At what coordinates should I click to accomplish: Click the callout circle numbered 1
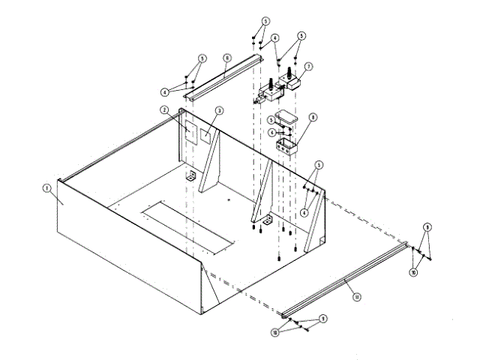click(x=46, y=188)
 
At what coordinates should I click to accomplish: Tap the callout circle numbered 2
click(x=163, y=110)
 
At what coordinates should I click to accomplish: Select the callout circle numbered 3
click(x=218, y=110)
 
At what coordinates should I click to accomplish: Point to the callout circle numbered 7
click(x=308, y=66)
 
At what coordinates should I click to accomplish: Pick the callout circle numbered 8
click(x=313, y=117)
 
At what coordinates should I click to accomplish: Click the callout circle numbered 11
click(x=357, y=296)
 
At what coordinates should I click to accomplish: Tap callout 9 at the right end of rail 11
click(x=427, y=226)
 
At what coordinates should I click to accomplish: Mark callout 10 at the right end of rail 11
click(x=412, y=273)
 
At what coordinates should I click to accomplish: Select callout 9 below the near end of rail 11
click(x=323, y=319)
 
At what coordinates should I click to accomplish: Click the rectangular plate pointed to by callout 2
click(x=189, y=132)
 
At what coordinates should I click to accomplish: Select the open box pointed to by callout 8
click(x=286, y=144)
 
